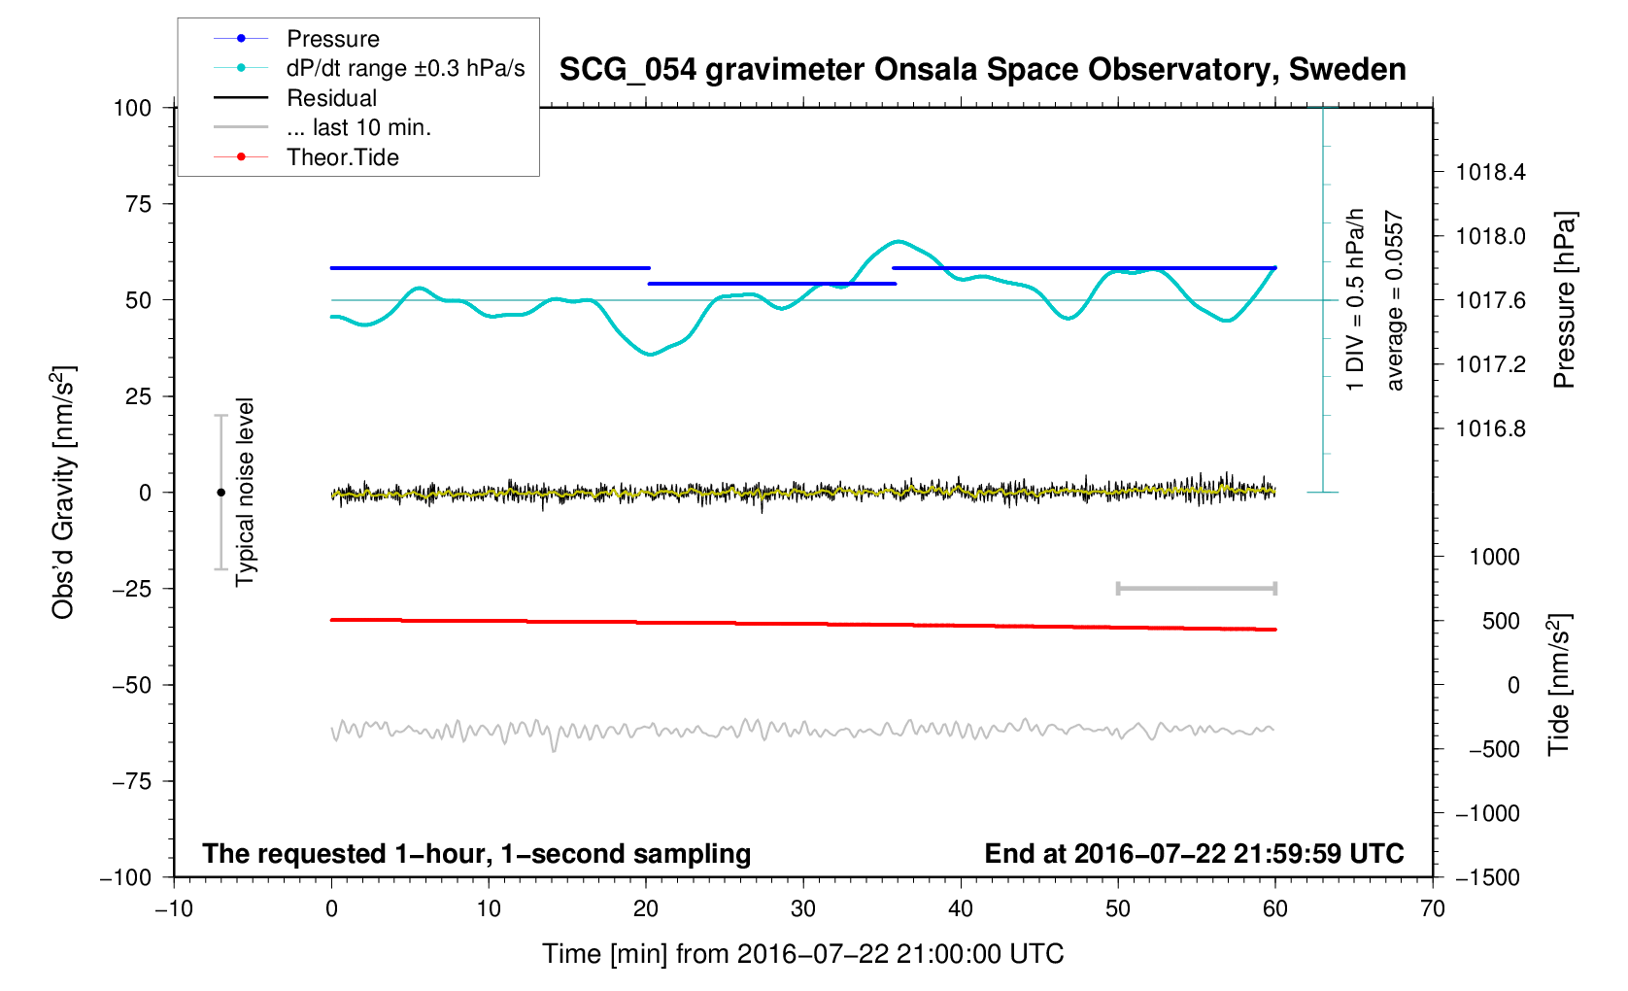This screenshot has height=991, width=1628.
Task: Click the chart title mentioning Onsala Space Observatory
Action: click(x=982, y=70)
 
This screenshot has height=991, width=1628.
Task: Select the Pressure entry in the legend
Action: click(x=332, y=39)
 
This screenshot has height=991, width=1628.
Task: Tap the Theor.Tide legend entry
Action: click(x=342, y=157)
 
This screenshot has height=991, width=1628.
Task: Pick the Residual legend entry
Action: click(x=331, y=98)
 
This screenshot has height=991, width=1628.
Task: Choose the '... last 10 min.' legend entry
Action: click(x=358, y=127)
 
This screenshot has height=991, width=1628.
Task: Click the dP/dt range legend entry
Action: click(x=405, y=68)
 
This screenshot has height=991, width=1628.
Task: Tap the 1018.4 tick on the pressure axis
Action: click(x=1490, y=173)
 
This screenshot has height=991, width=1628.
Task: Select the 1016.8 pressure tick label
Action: click(x=1490, y=429)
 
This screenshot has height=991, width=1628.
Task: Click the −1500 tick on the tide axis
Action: click(x=1487, y=877)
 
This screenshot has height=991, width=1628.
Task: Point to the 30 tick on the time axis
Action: click(x=803, y=909)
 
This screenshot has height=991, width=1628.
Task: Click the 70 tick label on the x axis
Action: click(x=1432, y=909)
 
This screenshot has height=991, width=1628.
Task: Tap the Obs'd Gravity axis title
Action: click(x=63, y=493)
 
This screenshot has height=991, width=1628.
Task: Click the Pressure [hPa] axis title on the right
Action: click(x=1563, y=300)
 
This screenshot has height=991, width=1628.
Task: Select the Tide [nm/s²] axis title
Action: click(x=1559, y=685)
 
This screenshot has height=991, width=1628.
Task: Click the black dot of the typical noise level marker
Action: click(x=220, y=493)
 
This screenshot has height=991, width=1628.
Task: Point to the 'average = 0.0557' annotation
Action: click(x=1395, y=300)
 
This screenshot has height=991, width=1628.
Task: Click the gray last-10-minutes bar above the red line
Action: click(x=1196, y=588)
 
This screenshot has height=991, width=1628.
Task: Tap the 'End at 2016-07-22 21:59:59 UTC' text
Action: click(x=1194, y=854)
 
